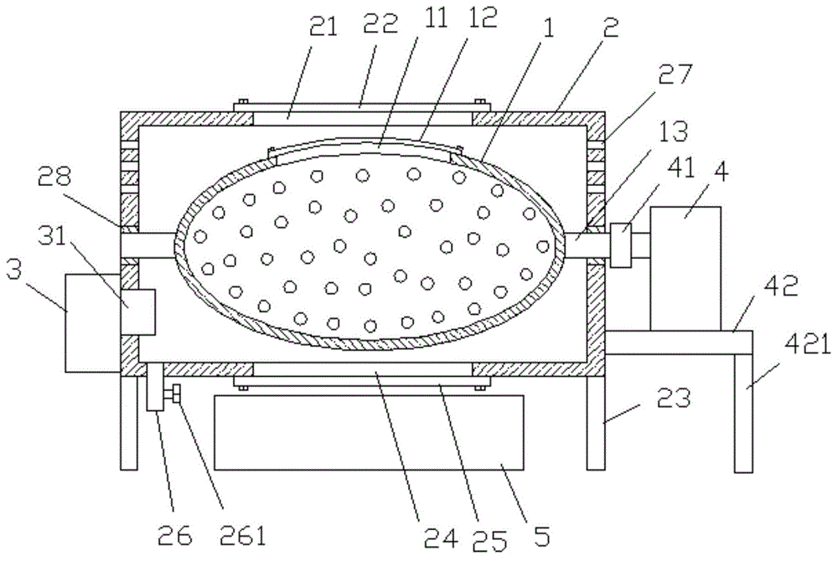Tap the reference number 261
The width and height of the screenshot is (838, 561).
[x=243, y=536]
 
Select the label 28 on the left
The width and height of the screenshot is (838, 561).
[x=55, y=178]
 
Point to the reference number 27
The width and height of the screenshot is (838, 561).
[x=675, y=75]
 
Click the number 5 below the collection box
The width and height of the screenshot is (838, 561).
[x=542, y=536]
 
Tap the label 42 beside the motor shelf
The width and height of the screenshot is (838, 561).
[x=781, y=286]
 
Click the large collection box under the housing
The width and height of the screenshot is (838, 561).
[x=369, y=432]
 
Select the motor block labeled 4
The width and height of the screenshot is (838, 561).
[x=685, y=269]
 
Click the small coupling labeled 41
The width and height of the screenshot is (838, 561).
[x=620, y=245]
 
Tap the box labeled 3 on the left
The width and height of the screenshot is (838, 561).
[x=92, y=323]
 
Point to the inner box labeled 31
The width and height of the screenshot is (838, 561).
[x=138, y=312]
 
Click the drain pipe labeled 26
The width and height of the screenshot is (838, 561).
[x=155, y=387]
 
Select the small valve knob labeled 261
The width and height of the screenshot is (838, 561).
[x=173, y=396]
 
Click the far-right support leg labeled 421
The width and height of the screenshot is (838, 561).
[x=743, y=414]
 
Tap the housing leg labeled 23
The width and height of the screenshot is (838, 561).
[x=596, y=423]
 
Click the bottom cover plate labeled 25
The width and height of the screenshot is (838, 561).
[x=362, y=380]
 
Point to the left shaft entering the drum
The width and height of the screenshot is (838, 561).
[x=148, y=246]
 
